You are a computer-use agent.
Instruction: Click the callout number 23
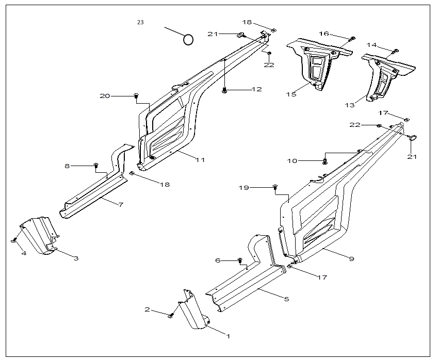(140, 22)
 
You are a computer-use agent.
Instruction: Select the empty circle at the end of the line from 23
(188, 39)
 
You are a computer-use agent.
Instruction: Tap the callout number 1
(228, 336)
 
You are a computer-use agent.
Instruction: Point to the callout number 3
(76, 258)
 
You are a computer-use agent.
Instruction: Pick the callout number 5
(286, 299)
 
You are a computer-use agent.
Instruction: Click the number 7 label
(121, 205)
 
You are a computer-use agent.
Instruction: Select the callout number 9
(351, 258)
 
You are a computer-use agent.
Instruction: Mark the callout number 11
(200, 160)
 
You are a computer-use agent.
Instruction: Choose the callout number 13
(350, 105)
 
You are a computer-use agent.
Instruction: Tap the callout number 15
(291, 94)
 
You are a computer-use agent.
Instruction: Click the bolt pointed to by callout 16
(352, 38)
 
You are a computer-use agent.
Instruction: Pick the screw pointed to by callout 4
(14, 240)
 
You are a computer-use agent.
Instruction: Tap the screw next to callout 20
(136, 96)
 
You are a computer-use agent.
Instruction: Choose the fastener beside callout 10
(325, 161)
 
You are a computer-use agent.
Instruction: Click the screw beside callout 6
(240, 260)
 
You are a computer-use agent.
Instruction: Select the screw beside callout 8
(95, 165)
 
